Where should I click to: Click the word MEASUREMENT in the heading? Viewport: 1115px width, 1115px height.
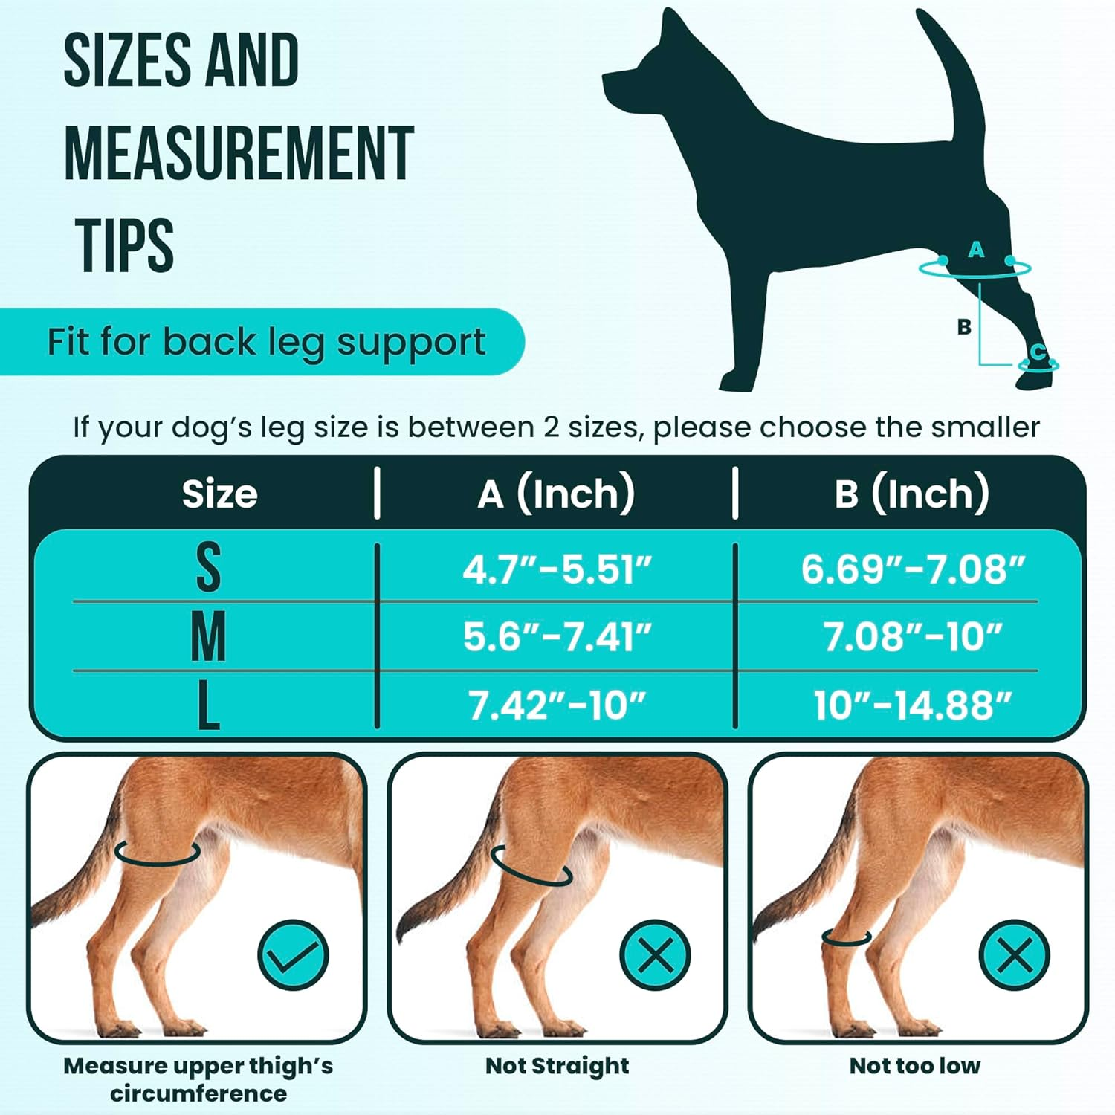pos(238,153)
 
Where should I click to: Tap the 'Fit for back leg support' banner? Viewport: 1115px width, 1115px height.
pos(266,342)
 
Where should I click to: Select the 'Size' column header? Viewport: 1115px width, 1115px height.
pos(219,494)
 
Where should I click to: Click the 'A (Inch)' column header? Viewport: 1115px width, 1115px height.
pos(556,493)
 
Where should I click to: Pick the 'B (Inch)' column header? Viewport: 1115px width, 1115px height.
pos(911,493)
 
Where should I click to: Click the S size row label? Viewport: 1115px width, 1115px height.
pos(208,568)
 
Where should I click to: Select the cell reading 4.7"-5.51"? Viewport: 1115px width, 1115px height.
pos(557,570)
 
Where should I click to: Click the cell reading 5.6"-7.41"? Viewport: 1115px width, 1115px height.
pos(557,637)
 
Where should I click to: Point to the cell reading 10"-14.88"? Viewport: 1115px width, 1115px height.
pos(912,705)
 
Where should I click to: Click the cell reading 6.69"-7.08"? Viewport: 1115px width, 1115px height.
pos(912,569)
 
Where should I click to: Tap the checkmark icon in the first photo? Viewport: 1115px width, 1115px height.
pos(293,954)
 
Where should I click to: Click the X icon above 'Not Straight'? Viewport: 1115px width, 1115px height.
pos(655,954)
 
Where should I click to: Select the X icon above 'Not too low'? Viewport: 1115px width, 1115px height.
pos(1015,954)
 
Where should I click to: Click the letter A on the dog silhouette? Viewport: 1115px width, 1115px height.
pos(976,251)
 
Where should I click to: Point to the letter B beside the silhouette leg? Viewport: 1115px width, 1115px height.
pos(964,326)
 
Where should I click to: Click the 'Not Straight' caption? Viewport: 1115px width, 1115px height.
pos(557,1065)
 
